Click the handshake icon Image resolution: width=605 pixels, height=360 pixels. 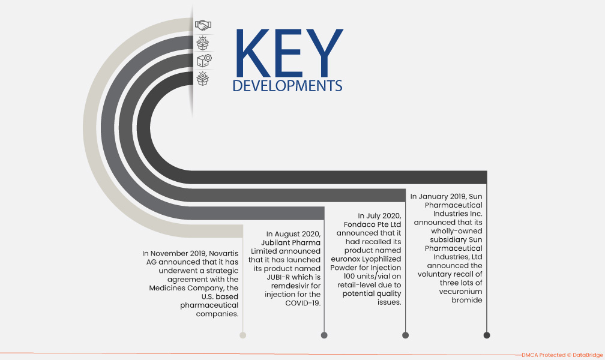click(x=203, y=25)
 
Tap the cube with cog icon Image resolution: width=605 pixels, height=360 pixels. click(x=204, y=60)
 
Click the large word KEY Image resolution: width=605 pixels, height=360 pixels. click(x=289, y=53)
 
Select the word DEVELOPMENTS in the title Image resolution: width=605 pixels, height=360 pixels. click(x=287, y=86)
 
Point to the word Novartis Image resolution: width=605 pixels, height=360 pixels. click(x=224, y=254)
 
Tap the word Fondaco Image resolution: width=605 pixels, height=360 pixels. click(x=361, y=224)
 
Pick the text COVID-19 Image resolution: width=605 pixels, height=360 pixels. click(x=303, y=303)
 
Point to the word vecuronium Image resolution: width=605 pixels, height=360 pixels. click(x=461, y=292)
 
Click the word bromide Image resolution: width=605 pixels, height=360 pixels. click(x=467, y=300)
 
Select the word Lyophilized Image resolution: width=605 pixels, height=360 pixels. click(x=381, y=259)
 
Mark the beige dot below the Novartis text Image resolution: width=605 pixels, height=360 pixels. click(x=242, y=335)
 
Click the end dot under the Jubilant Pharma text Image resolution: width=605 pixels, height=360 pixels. click(x=324, y=335)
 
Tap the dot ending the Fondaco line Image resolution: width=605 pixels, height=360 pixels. click(x=405, y=335)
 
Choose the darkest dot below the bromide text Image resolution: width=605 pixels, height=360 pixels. click(x=487, y=335)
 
